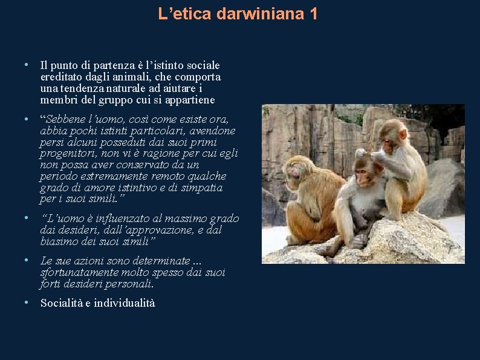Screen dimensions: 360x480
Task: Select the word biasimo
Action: click(x=59, y=241)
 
